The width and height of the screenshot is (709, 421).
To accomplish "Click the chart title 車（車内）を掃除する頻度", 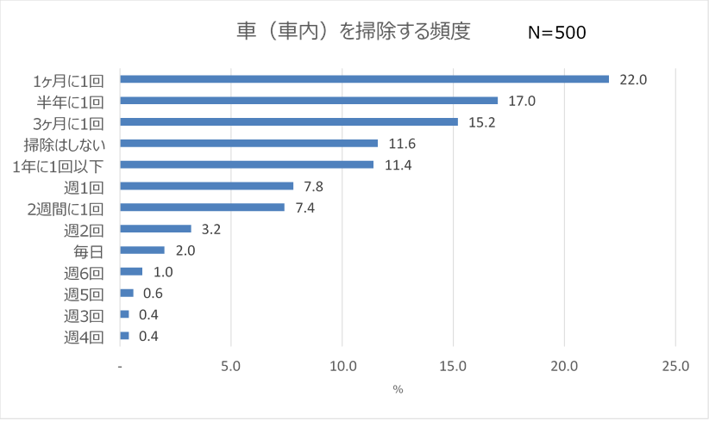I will coord(354,32).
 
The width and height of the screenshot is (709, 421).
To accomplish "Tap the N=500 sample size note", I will coord(556,34).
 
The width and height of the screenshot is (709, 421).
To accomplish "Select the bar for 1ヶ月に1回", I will coord(364,78).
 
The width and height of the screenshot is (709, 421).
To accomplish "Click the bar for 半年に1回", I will coord(309,100).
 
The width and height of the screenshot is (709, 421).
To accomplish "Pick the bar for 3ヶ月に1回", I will coord(289,121).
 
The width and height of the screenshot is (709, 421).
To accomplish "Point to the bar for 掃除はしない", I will coord(248,143).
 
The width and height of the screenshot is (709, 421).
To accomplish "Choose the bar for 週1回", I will coord(206,186).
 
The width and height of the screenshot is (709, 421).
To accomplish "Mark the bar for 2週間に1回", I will coord(202,207).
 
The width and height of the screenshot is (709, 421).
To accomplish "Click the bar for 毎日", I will coord(142,250).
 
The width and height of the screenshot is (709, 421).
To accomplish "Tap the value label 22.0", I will coord(633,79).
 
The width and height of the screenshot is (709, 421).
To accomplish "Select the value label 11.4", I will coord(398,164).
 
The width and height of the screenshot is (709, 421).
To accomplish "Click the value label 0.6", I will coord(154,293).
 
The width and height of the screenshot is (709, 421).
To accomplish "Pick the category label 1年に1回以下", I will coord(65,164).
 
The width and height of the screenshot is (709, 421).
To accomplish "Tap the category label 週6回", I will coord(84,272).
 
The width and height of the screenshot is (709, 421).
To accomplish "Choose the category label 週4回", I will coord(84,337).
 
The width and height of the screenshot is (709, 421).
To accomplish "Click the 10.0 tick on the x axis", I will coord(342,366).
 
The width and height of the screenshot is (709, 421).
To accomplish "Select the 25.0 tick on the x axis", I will coord(675,366).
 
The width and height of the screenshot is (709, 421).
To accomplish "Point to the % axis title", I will coord(398,389).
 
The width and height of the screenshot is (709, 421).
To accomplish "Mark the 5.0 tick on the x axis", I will coord(231,366).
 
